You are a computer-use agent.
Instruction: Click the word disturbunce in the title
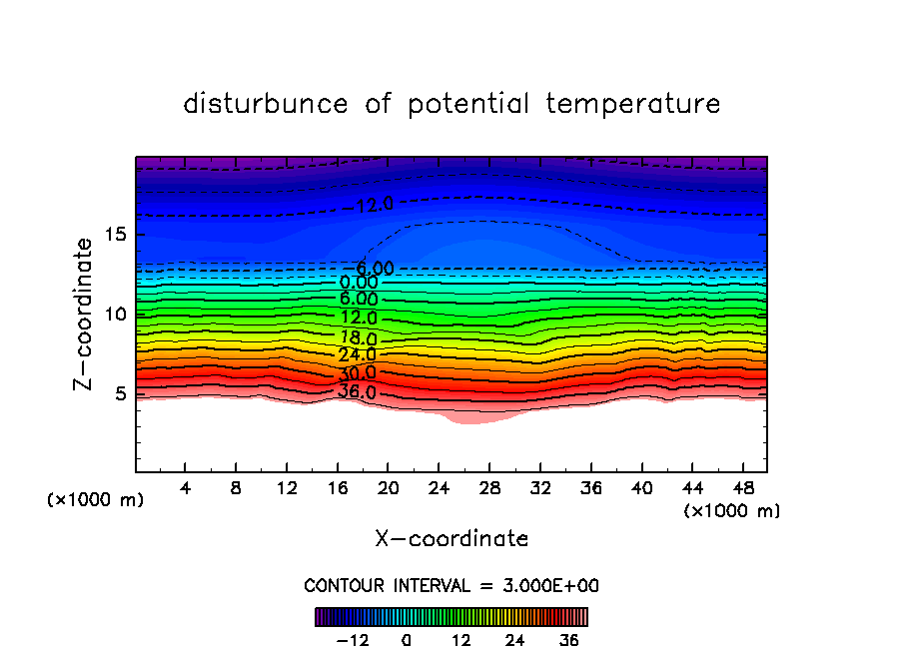tap(266, 104)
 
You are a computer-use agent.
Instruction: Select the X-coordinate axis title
tap(451, 539)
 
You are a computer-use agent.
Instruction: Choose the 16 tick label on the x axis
tap(338, 487)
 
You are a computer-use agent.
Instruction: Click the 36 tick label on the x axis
tap(590, 487)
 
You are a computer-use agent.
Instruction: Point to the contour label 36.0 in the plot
tap(357, 392)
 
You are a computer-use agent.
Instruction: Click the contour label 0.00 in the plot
tap(359, 283)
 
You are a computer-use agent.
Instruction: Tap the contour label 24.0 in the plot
tap(357, 355)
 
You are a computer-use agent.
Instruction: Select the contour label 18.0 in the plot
tap(359, 336)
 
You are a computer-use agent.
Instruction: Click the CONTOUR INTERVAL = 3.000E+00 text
tap(451, 585)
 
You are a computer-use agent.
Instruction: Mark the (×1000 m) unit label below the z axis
tap(96, 500)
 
